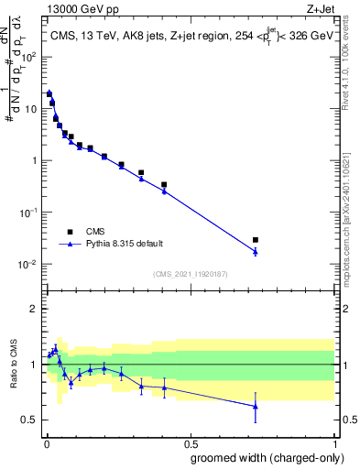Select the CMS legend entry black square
70,231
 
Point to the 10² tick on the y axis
30,57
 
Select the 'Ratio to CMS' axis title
14,365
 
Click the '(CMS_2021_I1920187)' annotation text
189,274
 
